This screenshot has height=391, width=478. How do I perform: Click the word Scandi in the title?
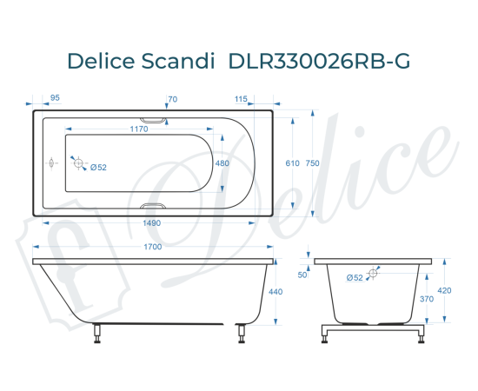point(178,62)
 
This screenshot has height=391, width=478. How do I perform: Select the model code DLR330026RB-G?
point(318,62)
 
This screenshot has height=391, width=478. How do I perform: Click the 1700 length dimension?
point(154,248)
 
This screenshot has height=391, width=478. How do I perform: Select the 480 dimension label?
point(222,163)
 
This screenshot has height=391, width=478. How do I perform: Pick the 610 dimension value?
point(292,163)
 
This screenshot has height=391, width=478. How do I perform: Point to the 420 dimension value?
point(445,291)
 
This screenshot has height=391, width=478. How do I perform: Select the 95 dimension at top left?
point(56,99)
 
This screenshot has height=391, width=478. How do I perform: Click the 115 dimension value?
point(241,99)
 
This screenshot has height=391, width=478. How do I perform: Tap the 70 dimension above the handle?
point(172,99)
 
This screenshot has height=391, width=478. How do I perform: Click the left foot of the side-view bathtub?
point(97,334)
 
